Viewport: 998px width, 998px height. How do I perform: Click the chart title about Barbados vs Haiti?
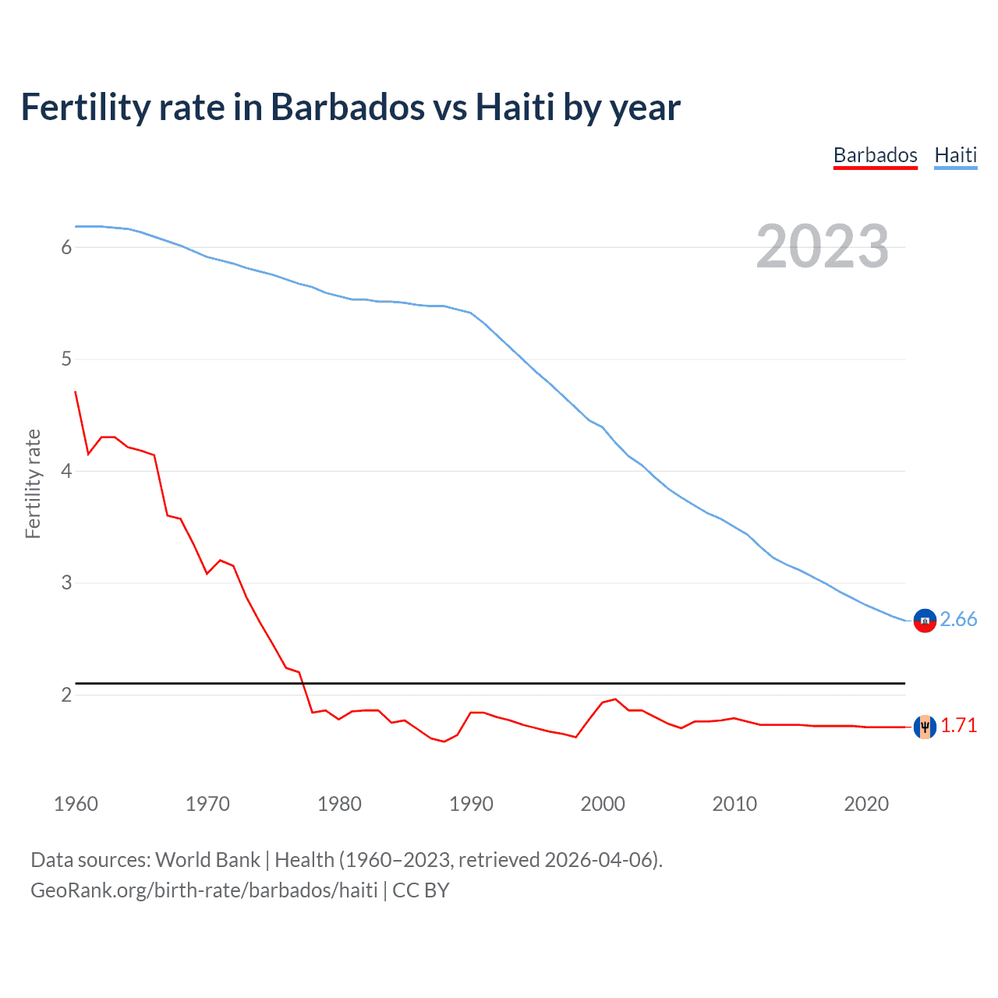(x=351, y=108)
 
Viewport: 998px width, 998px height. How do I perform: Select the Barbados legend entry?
(x=875, y=155)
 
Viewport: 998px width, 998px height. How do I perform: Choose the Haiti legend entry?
(x=955, y=155)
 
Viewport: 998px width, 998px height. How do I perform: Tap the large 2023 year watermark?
(x=822, y=247)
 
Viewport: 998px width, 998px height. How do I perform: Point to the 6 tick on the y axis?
(x=66, y=247)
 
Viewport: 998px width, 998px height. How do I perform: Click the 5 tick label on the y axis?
(x=66, y=359)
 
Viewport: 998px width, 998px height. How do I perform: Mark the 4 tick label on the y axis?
(x=66, y=471)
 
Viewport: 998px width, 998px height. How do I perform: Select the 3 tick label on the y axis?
(x=66, y=582)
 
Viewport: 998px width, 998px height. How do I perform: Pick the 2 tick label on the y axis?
(x=66, y=695)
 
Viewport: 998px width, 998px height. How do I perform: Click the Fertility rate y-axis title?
(x=33, y=483)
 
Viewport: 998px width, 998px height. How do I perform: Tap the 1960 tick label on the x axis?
(x=76, y=804)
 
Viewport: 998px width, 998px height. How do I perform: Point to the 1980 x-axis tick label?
(x=339, y=804)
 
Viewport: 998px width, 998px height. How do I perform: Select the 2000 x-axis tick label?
(x=603, y=804)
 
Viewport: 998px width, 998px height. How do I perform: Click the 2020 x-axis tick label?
(x=866, y=804)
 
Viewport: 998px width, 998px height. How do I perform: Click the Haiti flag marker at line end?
(x=925, y=621)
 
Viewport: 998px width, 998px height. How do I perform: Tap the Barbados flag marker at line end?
(x=925, y=727)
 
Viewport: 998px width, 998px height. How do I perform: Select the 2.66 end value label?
(x=958, y=619)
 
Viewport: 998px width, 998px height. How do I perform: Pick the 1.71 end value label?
(x=958, y=725)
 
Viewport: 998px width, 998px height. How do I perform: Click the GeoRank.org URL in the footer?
(x=204, y=890)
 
